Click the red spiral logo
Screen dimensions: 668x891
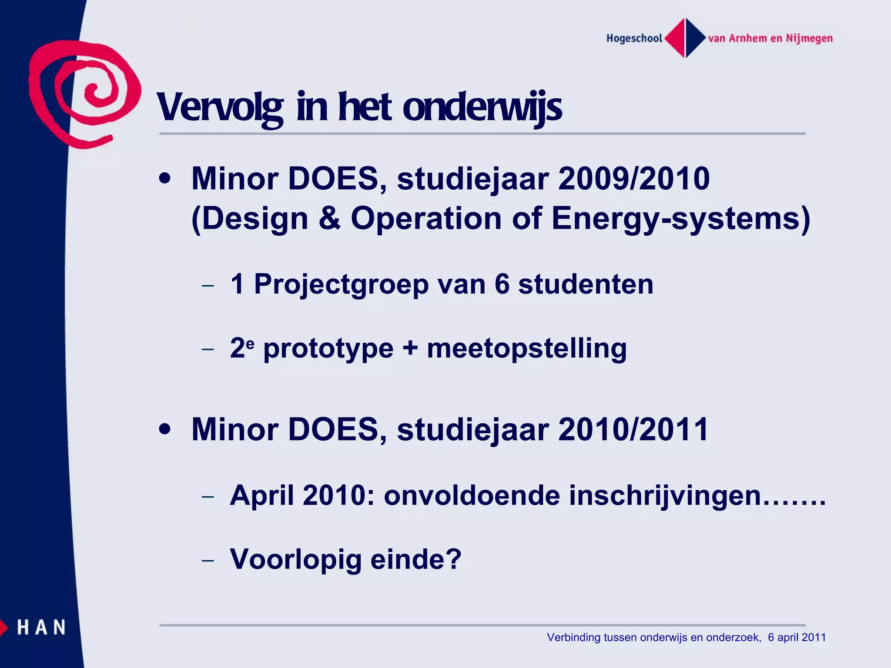click(85, 94)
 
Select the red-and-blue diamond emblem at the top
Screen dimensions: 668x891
click(685, 38)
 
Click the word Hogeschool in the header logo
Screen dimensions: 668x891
click(634, 38)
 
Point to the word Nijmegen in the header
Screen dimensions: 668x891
click(809, 38)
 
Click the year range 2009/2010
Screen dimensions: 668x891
click(633, 179)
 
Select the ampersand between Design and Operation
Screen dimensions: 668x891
click(329, 218)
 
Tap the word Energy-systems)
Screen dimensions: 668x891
click(681, 218)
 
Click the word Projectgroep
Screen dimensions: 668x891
click(342, 285)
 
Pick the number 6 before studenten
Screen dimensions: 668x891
click(502, 284)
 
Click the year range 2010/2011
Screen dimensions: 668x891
click(633, 430)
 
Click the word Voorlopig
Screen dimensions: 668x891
click(296, 560)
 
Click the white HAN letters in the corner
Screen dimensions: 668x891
click(41, 628)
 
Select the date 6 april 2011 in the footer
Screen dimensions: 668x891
click(797, 638)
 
